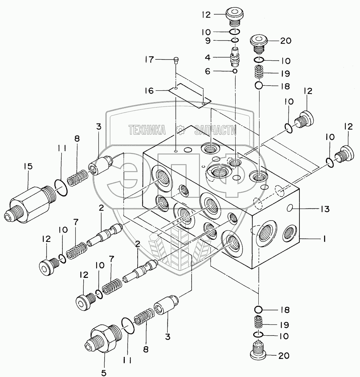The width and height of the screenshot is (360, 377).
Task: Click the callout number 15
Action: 28,166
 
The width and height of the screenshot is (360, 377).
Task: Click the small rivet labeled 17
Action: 177,59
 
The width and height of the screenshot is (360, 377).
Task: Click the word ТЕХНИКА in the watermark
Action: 147,129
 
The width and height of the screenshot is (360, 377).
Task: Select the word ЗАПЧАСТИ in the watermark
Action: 215,129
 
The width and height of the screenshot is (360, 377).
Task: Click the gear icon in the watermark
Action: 180,129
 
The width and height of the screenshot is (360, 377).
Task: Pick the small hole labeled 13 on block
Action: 291,209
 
